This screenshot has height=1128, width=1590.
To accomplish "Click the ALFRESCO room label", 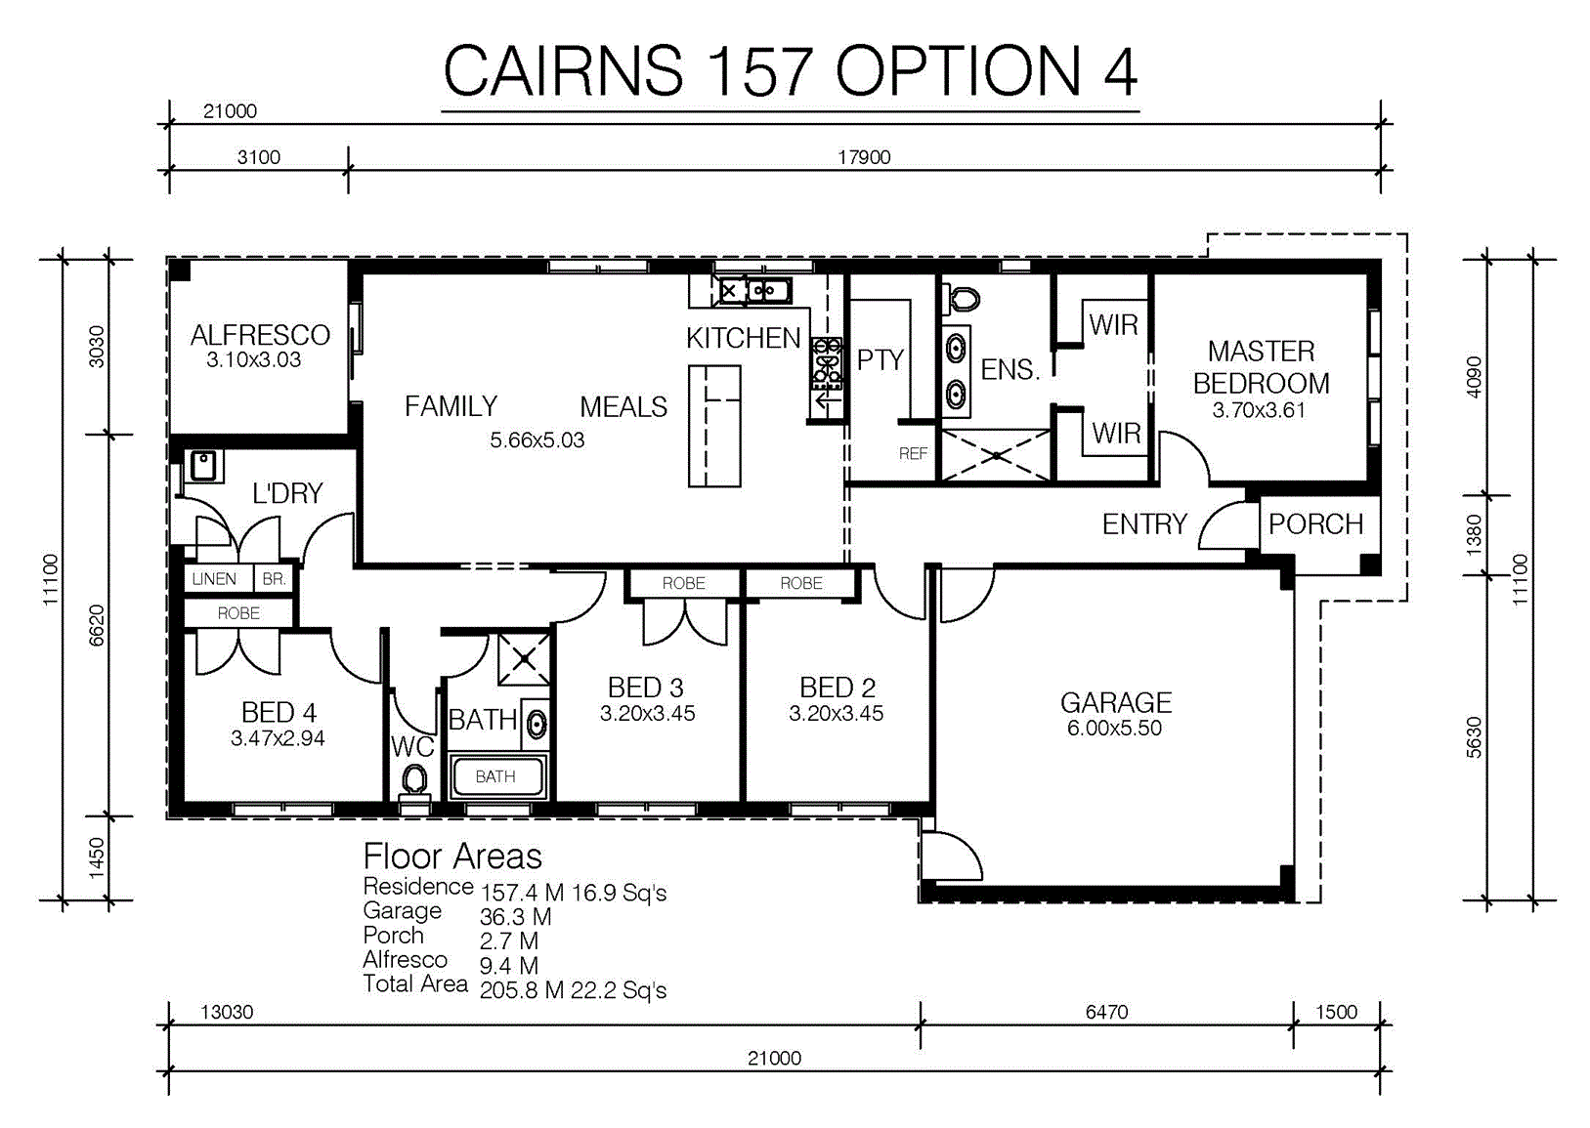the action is tap(260, 335).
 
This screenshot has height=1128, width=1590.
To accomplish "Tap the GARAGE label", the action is tap(1116, 702).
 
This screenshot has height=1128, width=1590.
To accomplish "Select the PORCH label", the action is tap(1316, 524).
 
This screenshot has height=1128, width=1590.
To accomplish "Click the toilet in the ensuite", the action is tap(962, 299).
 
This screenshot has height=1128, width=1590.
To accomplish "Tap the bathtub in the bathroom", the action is tap(496, 776).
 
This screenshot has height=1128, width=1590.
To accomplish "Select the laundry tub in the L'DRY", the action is tap(203, 466).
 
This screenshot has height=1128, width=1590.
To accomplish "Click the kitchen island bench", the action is tap(714, 426).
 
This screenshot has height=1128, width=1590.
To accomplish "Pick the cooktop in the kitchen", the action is tap(827, 363).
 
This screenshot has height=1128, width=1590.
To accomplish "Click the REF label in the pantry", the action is tap(913, 453).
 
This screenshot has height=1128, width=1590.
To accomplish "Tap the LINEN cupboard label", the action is tap(214, 579).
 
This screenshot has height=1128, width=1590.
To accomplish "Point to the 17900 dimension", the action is tap(864, 157).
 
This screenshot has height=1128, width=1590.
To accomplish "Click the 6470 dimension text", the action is tap(1106, 1012).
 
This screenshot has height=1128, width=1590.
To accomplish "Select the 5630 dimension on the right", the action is tap(1475, 737).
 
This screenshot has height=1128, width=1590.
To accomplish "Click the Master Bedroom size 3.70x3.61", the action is tap(1259, 410).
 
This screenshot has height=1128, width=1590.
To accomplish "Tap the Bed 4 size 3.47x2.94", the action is tap(278, 738).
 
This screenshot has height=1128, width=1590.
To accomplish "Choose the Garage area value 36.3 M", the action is tap(515, 917).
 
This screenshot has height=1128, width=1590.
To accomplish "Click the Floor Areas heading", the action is tap(452, 856).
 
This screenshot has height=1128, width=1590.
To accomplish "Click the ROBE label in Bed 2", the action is tap(801, 583).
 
